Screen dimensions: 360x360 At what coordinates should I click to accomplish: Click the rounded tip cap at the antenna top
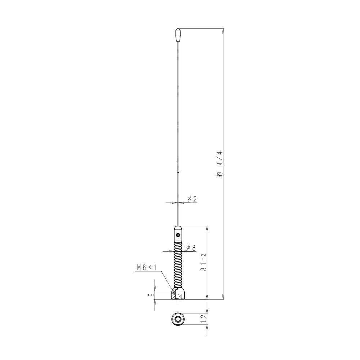178,35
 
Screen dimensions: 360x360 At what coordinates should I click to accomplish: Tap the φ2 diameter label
192,199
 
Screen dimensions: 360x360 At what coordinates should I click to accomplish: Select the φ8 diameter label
191,248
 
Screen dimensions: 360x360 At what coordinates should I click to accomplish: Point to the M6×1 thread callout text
147,267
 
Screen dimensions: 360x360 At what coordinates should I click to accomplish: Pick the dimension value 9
151,295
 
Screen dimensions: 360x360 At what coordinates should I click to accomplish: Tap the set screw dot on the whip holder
178,235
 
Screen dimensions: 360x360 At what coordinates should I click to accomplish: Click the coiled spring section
178,265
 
